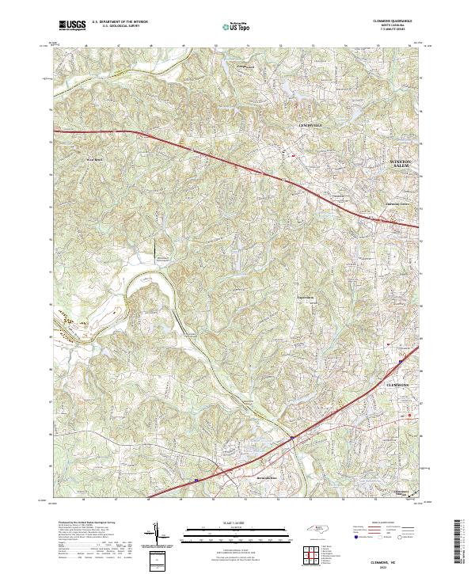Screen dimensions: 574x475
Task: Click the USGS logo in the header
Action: [x=72, y=26]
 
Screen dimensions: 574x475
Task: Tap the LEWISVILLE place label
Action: [x=312, y=126]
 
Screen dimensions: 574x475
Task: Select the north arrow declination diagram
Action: [x=158, y=535]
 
